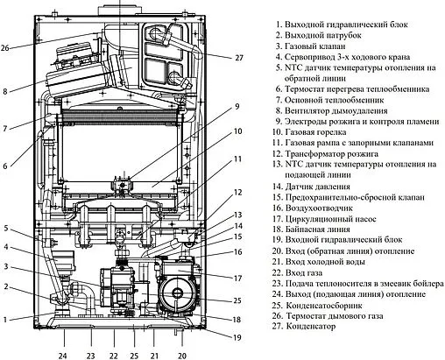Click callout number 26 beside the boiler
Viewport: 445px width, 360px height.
click(x=6, y=47)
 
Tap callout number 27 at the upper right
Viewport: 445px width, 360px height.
click(x=239, y=58)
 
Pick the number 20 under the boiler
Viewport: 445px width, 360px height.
click(x=182, y=356)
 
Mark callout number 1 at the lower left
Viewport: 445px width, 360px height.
click(x=6, y=319)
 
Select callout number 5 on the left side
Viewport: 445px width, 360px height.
click(x=6, y=229)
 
